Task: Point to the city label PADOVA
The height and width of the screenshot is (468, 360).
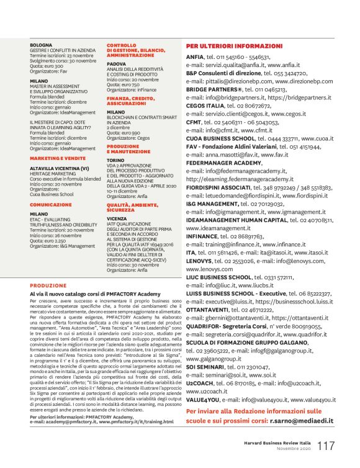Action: (x=115, y=63)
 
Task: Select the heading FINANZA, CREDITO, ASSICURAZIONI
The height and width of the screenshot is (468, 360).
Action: (x=130, y=101)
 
